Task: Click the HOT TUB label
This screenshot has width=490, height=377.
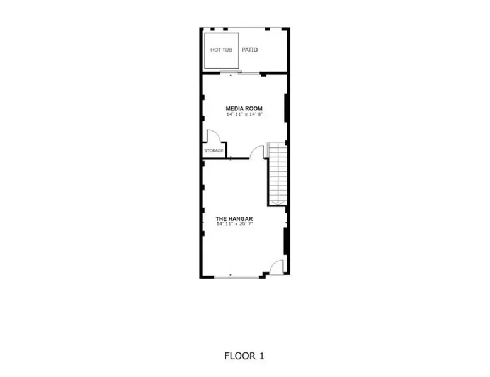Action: [x=221, y=50]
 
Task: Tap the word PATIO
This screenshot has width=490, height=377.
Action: [x=250, y=50]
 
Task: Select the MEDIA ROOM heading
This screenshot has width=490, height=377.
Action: [x=244, y=108]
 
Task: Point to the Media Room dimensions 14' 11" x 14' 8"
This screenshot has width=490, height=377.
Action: [x=244, y=115]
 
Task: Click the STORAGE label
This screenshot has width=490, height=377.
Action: [x=214, y=151]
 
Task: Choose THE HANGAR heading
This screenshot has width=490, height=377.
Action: [x=234, y=218]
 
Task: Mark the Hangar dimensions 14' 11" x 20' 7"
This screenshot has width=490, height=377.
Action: [x=234, y=224]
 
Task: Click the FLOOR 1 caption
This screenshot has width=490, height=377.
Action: [x=244, y=356]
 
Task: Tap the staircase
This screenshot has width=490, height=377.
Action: [x=277, y=174]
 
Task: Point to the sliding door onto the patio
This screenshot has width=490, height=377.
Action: [x=240, y=74]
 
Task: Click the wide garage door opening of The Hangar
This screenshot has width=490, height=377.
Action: [x=237, y=277]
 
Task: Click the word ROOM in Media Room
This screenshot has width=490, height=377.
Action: [x=253, y=108]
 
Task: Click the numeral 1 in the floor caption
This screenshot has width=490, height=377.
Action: [x=261, y=356]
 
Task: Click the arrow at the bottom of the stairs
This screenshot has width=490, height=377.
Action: [x=277, y=203]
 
